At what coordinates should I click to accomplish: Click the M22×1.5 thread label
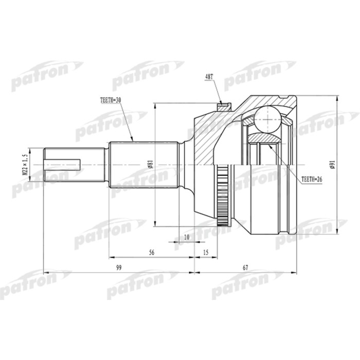(24, 165)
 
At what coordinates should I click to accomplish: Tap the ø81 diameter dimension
(150, 165)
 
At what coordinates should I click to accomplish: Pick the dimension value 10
(186, 237)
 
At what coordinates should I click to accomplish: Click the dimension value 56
(151, 253)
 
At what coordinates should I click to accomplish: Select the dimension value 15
(206, 253)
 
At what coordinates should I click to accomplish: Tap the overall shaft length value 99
(119, 268)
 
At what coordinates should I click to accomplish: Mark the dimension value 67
(245, 268)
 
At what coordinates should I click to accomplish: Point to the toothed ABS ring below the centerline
(223, 198)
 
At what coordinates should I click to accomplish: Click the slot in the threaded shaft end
(64, 165)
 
